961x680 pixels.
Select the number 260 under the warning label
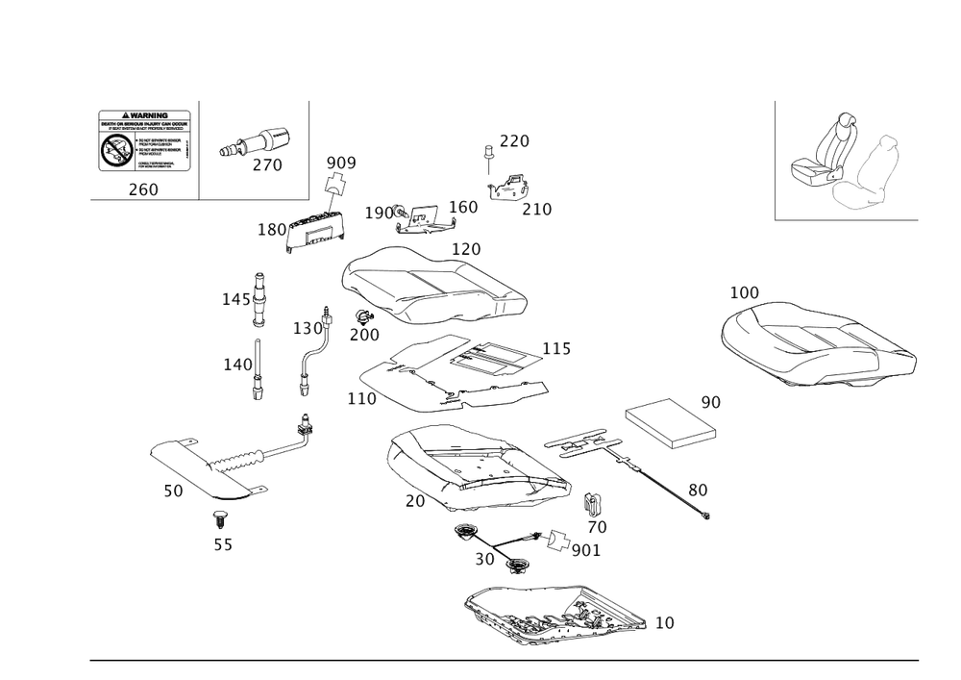point(142,189)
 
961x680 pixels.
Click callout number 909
point(340,163)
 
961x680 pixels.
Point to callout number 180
point(274,229)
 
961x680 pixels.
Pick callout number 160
point(463,207)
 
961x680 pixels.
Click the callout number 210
point(535,209)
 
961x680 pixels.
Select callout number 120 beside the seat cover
point(466,249)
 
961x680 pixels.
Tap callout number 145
point(234,301)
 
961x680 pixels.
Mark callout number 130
point(308,328)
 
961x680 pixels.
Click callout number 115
point(557,348)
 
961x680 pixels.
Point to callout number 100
point(744,291)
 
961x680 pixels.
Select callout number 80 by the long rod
point(698,490)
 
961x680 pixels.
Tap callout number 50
point(172,491)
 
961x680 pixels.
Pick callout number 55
point(222,544)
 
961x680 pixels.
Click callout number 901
point(585,550)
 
